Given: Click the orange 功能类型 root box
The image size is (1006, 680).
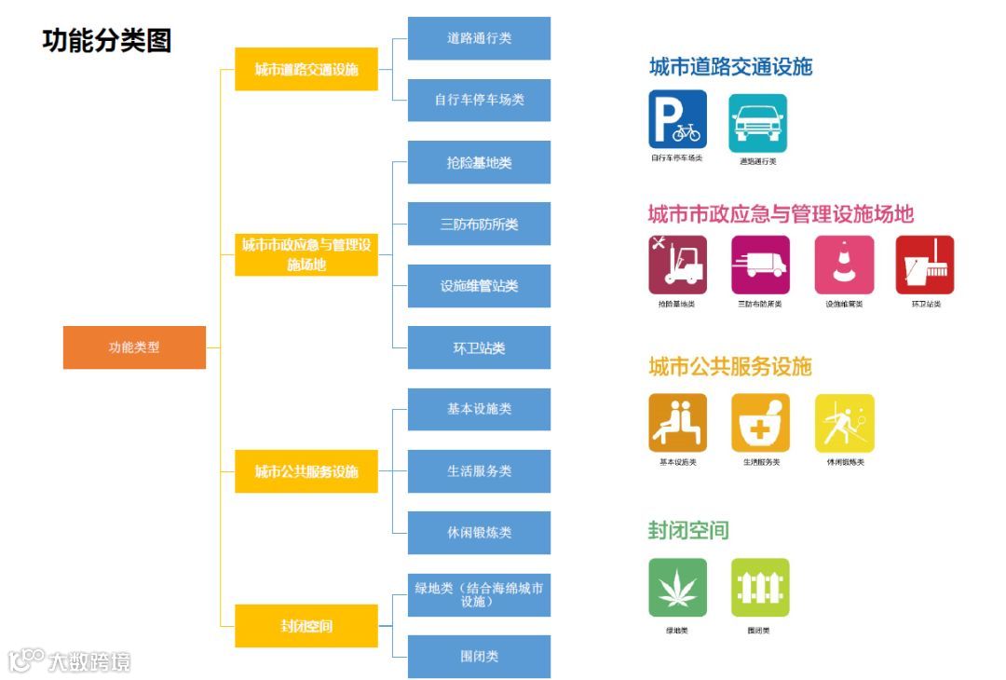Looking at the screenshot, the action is coord(134,347).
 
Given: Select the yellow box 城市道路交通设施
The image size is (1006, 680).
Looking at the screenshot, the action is coord(306,69).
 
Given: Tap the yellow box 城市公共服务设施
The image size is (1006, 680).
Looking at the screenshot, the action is coord(306,471).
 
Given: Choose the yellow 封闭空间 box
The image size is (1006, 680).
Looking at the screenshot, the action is coord(306,626).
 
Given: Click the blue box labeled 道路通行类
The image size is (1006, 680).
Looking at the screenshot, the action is coord(479,38).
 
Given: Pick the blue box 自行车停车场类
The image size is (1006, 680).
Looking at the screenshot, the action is coord(479,100).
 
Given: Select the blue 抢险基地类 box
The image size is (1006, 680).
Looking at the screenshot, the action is coord(479,162).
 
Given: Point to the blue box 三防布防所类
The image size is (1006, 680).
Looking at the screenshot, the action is coord(479,224).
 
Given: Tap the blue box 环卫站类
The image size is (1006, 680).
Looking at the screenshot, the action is coord(479,347).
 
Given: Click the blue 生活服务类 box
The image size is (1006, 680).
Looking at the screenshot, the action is coord(479,470).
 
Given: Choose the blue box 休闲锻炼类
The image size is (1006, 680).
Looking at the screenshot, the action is coord(479,533).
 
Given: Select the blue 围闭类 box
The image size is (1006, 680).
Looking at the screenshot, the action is coord(479,656).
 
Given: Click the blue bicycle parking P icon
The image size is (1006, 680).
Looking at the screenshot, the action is coord(677,120).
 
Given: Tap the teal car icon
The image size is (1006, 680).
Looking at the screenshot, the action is coord(757,123).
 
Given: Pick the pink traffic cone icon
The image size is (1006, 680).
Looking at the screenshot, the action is coord(844,265).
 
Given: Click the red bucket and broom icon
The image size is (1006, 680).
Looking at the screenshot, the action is coord(925,265).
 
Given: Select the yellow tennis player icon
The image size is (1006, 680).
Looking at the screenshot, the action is coord(844,424).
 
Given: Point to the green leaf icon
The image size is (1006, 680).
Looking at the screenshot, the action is coord(677,588).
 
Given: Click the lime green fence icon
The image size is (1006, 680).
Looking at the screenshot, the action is coord(760,588).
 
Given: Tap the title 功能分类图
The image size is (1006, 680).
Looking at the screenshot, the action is coord(107,40).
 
